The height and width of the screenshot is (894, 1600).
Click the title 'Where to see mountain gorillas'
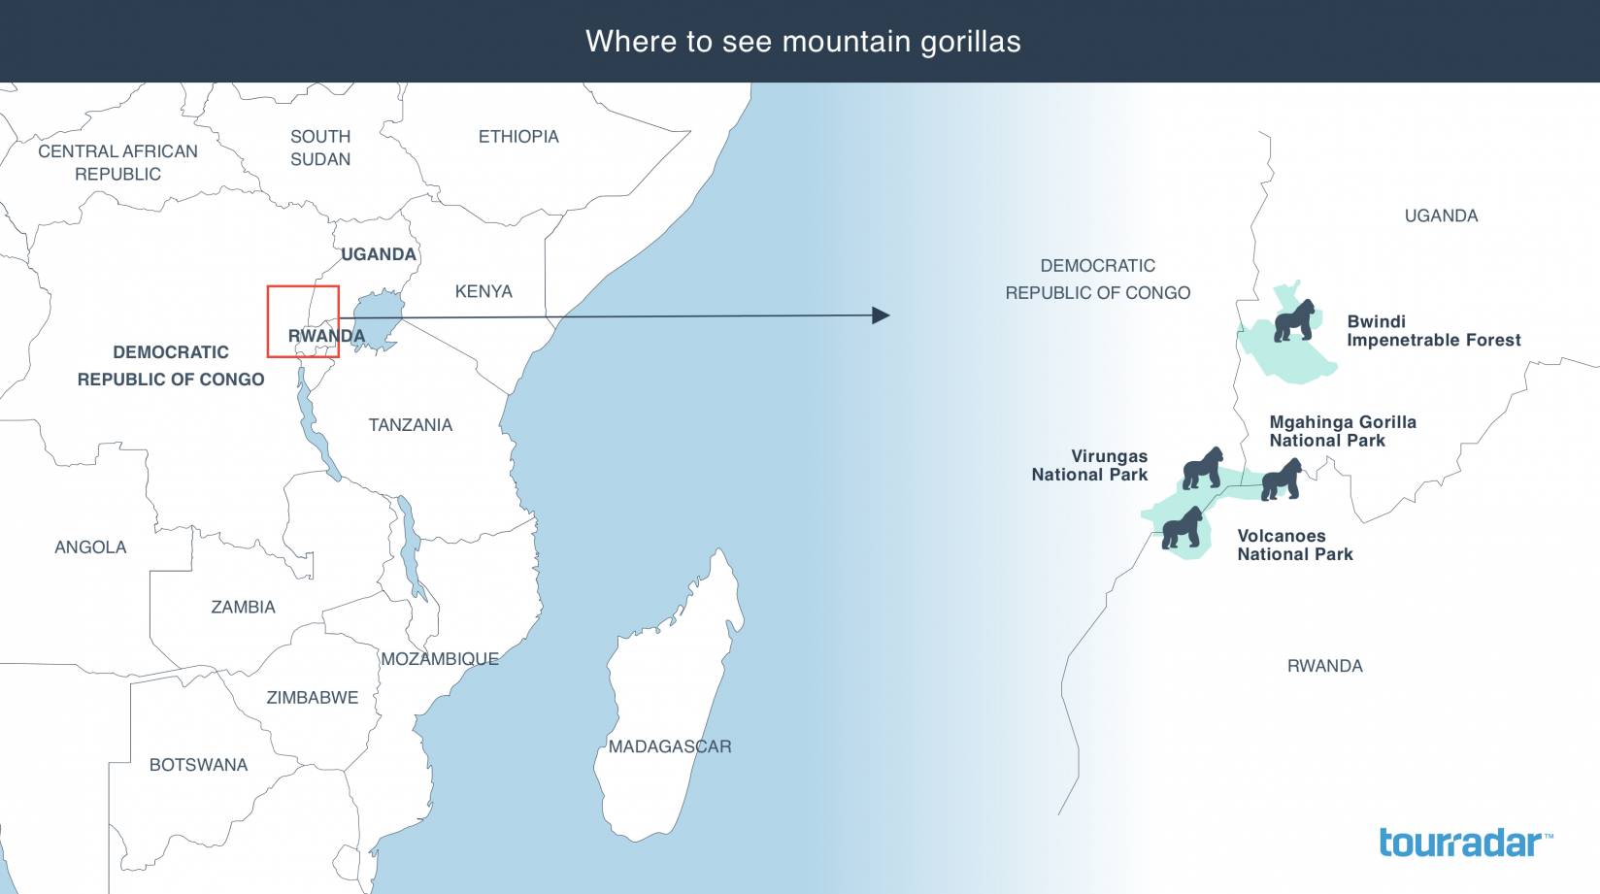[x=803, y=42]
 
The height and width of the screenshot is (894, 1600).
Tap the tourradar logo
[x=1464, y=842]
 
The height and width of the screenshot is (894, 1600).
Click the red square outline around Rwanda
[x=303, y=287]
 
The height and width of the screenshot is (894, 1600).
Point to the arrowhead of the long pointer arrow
[x=882, y=315]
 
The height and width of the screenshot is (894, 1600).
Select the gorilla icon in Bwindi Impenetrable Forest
[x=1296, y=320]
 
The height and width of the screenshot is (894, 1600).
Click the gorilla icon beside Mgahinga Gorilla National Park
[x=1281, y=480]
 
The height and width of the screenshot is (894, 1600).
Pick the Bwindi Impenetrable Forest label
[x=1433, y=331]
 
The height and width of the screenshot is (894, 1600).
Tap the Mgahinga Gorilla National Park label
[x=1342, y=431]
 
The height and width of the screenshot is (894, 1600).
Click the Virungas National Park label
[x=1089, y=465]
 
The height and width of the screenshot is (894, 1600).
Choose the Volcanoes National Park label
[x=1294, y=545]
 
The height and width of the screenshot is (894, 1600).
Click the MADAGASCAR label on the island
[x=670, y=746]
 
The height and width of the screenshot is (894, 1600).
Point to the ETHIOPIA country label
[x=518, y=137]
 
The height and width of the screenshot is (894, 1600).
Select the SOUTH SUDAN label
[x=320, y=148]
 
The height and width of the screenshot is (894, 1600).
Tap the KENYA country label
[x=483, y=291]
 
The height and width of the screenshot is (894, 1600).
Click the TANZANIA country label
[x=410, y=425]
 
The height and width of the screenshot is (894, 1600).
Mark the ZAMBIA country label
[x=243, y=608]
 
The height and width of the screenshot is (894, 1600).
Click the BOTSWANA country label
[x=198, y=765]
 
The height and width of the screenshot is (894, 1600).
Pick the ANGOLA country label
[x=90, y=547]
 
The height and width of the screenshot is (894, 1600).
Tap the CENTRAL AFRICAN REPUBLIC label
[x=117, y=162]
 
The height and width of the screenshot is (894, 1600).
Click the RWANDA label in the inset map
[x=1324, y=666]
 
